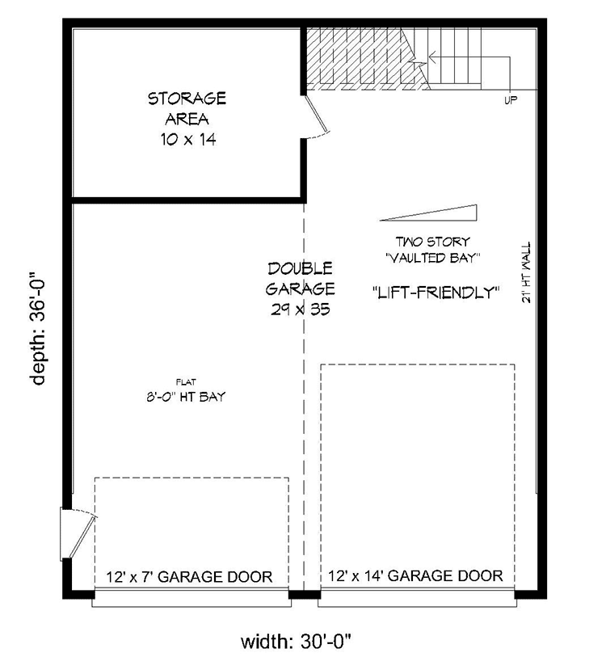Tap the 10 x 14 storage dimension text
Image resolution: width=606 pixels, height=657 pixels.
point(187,139)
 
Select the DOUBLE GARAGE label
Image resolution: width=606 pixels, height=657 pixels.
point(301,278)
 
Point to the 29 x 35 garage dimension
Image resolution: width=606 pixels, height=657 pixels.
point(301,309)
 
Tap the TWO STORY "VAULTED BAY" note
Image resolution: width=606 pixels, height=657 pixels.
point(433,250)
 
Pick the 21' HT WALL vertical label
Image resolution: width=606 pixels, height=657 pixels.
point(526,271)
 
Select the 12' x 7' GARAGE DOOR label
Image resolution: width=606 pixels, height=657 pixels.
point(189,576)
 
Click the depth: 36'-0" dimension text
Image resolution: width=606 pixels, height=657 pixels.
point(40,328)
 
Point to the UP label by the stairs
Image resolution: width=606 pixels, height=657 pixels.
point(510,100)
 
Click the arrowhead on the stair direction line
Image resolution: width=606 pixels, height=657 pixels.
point(429,58)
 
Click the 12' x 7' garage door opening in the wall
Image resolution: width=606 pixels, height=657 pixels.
point(191,597)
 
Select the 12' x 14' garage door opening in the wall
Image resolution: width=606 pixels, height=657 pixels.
point(417,597)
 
